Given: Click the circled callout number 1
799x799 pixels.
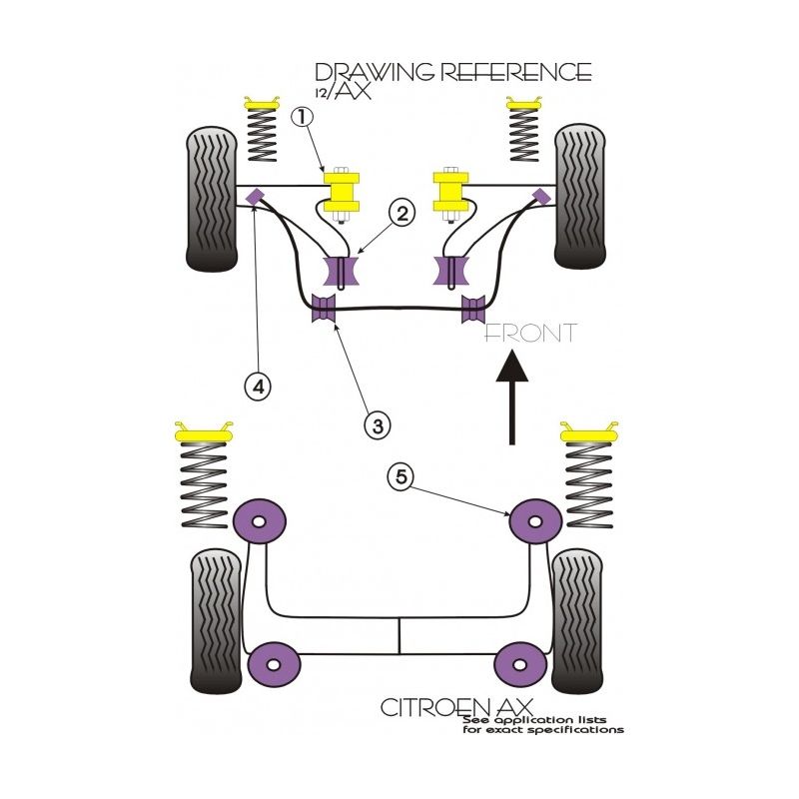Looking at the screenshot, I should tap(304, 118).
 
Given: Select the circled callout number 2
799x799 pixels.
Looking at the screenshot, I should tap(402, 212).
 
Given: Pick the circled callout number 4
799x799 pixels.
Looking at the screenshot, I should tap(258, 385).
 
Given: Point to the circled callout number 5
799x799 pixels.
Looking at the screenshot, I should tap(401, 478).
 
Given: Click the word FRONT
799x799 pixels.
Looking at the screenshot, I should tap(530, 333).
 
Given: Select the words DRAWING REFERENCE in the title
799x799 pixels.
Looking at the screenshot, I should tap(452, 72).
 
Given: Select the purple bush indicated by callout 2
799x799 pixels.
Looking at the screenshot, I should tap(343, 272).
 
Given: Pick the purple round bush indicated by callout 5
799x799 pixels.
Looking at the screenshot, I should tap(532, 520).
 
